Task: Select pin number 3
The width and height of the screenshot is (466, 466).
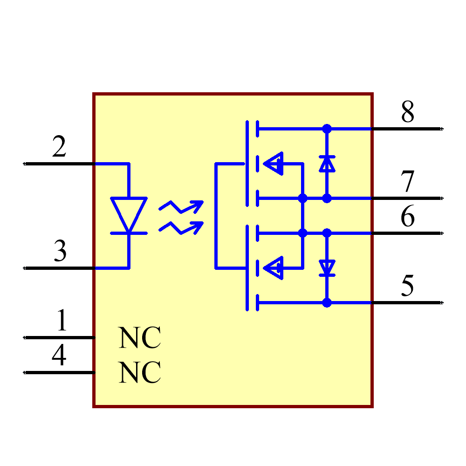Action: click(x=60, y=252)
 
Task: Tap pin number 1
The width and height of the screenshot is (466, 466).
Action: click(x=62, y=321)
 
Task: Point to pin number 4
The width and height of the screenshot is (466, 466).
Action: click(x=59, y=356)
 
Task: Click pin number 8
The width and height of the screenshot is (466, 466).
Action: click(x=407, y=112)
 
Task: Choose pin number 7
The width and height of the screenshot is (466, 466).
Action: click(x=407, y=182)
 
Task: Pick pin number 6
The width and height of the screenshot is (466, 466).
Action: click(x=407, y=217)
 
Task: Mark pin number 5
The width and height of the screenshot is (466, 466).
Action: click(x=407, y=286)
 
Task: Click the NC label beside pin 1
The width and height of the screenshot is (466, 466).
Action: click(x=140, y=338)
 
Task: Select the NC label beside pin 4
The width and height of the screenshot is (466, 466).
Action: click(x=140, y=373)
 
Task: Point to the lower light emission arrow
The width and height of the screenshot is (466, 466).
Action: click(x=181, y=227)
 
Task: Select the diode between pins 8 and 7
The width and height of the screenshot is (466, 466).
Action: click(x=327, y=164)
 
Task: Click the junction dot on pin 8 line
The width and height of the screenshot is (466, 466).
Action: click(x=327, y=129)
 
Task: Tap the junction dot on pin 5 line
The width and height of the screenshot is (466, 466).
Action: click(x=327, y=303)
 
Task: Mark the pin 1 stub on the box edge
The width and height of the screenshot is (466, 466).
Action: click(x=94, y=337)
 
